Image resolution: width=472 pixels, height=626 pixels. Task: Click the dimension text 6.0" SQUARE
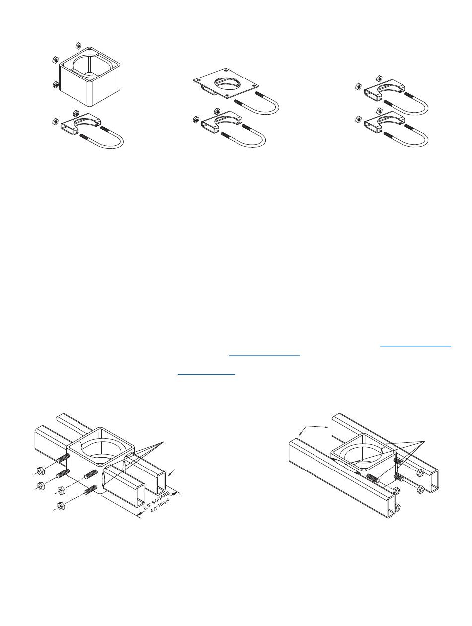[157, 500]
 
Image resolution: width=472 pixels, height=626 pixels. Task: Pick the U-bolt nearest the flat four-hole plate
[256, 103]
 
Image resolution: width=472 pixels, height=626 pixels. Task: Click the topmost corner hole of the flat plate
[226, 69]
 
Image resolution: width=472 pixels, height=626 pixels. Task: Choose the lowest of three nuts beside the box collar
[56, 84]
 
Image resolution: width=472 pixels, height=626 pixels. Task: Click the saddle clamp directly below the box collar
[80, 123]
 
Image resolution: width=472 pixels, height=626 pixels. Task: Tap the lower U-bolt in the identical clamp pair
[406, 136]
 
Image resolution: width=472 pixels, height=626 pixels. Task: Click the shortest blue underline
[206, 374]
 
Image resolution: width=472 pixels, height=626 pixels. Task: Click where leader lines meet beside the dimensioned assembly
[164, 441]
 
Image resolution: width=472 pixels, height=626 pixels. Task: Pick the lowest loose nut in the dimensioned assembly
[60, 506]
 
